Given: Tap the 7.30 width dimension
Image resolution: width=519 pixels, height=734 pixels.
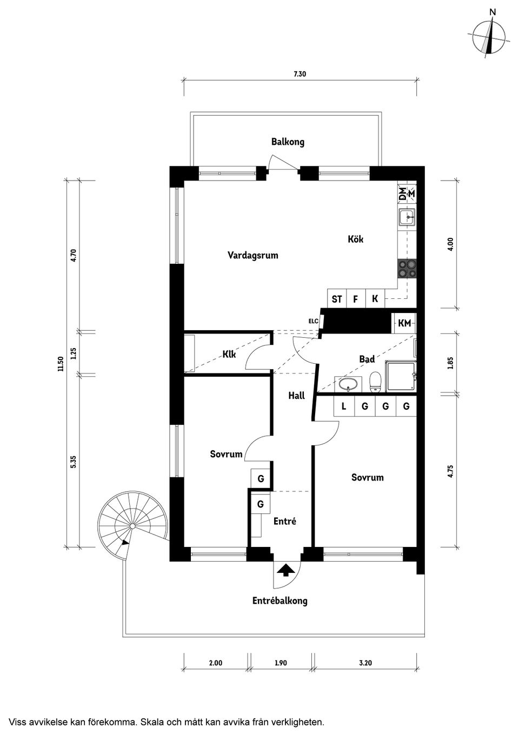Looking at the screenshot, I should click(300, 75).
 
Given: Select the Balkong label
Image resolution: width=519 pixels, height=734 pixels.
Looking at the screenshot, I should click(288, 142).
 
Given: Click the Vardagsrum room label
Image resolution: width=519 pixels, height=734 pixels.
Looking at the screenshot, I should click(252, 255).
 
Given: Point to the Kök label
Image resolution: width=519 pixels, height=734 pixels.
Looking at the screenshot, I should click(355, 239).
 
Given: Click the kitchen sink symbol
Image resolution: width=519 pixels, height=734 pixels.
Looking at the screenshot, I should click(407, 217).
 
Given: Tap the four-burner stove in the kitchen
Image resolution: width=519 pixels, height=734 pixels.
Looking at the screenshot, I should click(407, 269).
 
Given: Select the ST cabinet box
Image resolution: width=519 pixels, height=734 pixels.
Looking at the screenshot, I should click(337, 299).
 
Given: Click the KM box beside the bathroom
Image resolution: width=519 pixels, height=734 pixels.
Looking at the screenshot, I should click(404, 323).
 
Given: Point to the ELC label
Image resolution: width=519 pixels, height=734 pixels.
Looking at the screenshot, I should click(313, 321).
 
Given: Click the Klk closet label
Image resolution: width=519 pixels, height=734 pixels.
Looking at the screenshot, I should click(229, 355).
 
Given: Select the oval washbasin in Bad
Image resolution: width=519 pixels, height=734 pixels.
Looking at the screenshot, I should click(347, 385).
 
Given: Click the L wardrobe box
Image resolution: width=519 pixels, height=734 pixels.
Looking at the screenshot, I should click(344, 406).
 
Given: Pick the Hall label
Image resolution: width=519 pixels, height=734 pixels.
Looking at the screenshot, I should click(296, 396).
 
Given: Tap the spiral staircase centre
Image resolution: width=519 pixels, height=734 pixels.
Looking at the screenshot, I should click(132, 526).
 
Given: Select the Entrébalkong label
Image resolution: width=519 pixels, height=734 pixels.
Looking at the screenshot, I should click(280, 600).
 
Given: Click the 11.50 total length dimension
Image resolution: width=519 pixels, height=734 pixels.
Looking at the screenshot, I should click(61, 364).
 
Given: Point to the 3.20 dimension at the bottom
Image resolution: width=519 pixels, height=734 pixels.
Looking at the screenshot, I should click(366, 663).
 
